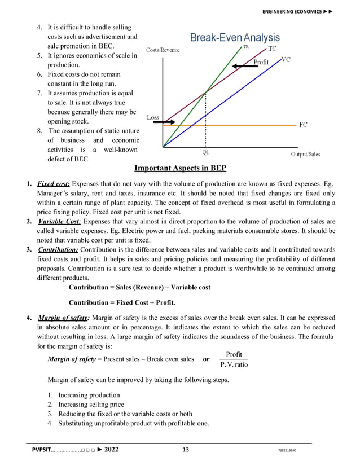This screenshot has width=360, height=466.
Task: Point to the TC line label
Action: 272,49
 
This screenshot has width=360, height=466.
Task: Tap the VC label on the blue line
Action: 286,59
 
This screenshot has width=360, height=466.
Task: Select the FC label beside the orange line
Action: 303,125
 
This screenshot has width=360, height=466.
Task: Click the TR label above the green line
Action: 246,47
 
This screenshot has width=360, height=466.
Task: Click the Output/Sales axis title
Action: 305,154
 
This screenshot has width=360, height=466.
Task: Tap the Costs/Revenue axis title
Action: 163,50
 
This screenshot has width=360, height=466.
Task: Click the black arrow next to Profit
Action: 243,66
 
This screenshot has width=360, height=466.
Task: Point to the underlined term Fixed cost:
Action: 54,184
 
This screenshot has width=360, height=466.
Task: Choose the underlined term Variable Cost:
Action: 58,221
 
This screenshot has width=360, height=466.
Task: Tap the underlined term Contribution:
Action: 58,249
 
